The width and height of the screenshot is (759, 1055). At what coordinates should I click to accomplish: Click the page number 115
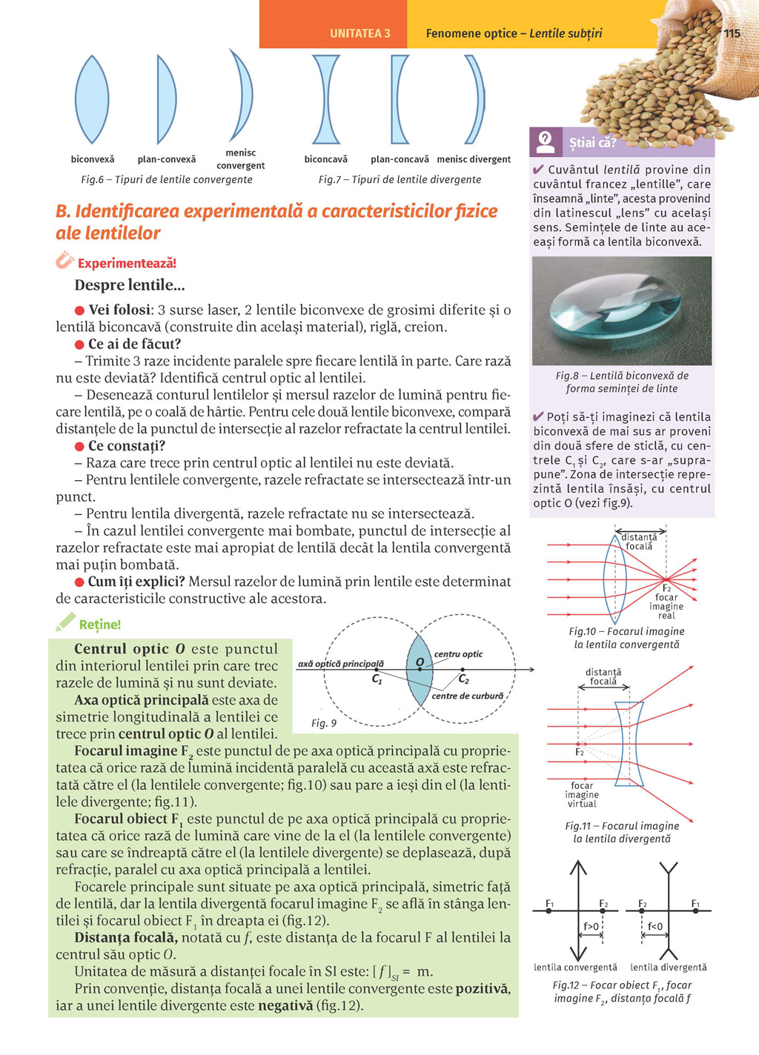coord(732,33)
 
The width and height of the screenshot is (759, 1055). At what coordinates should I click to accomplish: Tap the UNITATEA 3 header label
coord(359,33)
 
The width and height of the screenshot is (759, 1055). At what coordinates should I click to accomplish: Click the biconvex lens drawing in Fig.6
coord(92,99)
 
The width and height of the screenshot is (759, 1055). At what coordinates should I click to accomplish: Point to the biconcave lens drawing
coord(325,99)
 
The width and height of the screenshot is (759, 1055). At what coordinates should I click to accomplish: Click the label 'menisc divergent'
coord(474,159)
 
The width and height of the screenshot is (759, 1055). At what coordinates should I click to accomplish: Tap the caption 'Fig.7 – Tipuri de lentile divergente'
coord(400,179)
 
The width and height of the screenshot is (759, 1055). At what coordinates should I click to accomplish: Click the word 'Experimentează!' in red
coord(127,263)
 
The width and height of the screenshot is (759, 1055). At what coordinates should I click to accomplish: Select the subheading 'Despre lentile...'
coord(130,285)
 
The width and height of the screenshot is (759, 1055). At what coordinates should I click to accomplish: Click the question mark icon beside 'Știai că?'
coord(546,141)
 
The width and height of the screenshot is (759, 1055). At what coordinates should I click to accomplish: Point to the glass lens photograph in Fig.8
coord(622,311)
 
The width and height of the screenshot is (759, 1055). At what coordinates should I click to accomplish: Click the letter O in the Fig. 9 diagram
coord(420,661)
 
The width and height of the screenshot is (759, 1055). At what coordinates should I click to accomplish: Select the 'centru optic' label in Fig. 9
coord(458,654)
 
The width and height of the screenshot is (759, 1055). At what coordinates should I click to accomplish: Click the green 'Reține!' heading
coord(99,625)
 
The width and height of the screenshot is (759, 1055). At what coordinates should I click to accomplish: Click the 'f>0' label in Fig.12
coord(591,926)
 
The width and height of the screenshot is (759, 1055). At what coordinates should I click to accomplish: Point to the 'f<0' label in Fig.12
coord(655,926)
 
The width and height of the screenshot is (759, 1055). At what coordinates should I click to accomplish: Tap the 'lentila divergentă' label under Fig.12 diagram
coord(669,967)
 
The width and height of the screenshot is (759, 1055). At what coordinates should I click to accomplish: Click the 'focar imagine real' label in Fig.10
coord(666,606)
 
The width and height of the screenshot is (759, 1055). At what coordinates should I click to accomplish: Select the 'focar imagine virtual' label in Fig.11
coord(582,794)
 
